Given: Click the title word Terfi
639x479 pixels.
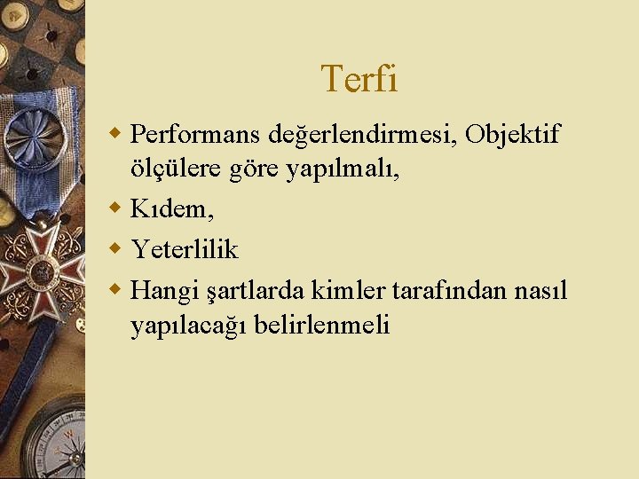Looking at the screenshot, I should click(x=359, y=79).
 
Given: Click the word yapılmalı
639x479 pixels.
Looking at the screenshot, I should click(x=343, y=171).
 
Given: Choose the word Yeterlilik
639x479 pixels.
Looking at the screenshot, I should click(x=185, y=250).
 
